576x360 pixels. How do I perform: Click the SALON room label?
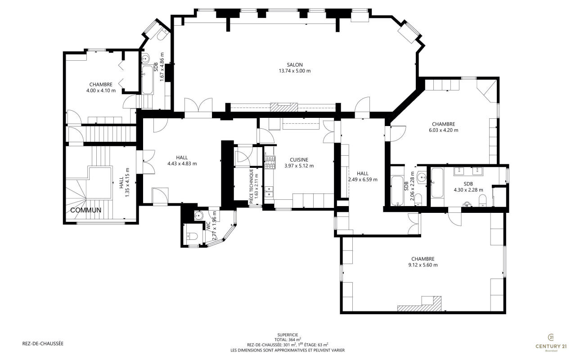pos(295,65)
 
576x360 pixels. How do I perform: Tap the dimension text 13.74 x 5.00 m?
pos(295,71)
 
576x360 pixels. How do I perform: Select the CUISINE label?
pos(299,160)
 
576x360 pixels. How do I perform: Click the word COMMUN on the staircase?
pos(85,210)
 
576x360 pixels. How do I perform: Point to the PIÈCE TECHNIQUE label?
pos(252,186)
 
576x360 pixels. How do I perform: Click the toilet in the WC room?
pos(192,235)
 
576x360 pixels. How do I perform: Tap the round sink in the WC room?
pos(198,215)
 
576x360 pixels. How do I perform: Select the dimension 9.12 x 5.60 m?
pos(423,265)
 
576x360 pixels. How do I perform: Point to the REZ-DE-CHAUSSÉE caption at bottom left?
pos(43,343)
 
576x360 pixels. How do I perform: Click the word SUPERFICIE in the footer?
pos(288,335)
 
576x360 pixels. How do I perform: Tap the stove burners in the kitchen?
pos(270,162)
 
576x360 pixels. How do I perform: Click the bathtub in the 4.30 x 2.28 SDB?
pos(437,183)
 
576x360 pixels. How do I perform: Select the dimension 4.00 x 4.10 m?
pos(101,90)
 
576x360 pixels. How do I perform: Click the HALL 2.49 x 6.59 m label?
pos(363,177)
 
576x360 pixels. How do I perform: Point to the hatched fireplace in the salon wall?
pos(284,107)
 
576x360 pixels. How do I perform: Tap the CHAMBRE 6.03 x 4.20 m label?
pos(443,127)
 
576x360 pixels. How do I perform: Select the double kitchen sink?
pos(269,191)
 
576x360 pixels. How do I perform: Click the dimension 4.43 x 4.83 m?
pos(182,163)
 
